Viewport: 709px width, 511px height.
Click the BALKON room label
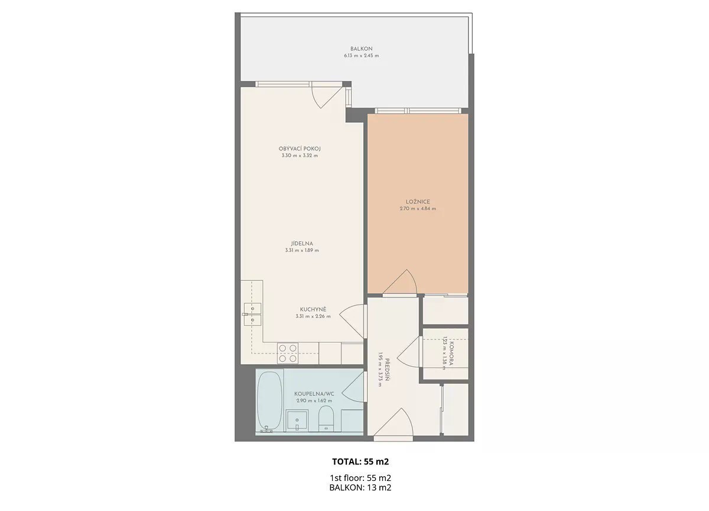(x=361, y=49)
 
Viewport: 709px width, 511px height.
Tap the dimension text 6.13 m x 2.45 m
(x=361, y=56)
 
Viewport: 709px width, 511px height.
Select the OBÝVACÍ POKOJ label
(x=300, y=149)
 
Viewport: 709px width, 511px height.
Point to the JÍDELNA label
(x=302, y=244)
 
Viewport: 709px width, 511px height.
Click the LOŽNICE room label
(x=418, y=202)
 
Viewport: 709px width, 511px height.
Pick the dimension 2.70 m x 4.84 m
(x=418, y=208)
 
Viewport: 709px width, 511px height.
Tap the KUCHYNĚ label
(x=313, y=309)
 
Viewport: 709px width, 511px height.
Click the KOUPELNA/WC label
(x=314, y=394)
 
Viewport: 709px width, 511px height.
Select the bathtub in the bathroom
(x=269, y=401)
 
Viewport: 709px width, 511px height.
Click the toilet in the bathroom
(x=326, y=418)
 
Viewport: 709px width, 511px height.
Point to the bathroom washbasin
(x=297, y=421)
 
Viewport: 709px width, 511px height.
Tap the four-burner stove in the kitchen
(x=288, y=353)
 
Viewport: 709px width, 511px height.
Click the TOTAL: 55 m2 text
(x=360, y=461)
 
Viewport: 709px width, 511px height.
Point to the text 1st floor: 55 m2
(x=360, y=478)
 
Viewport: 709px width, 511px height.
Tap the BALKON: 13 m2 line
(x=360, y=487)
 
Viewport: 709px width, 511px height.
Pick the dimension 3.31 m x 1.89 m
(x=302, y=250)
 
